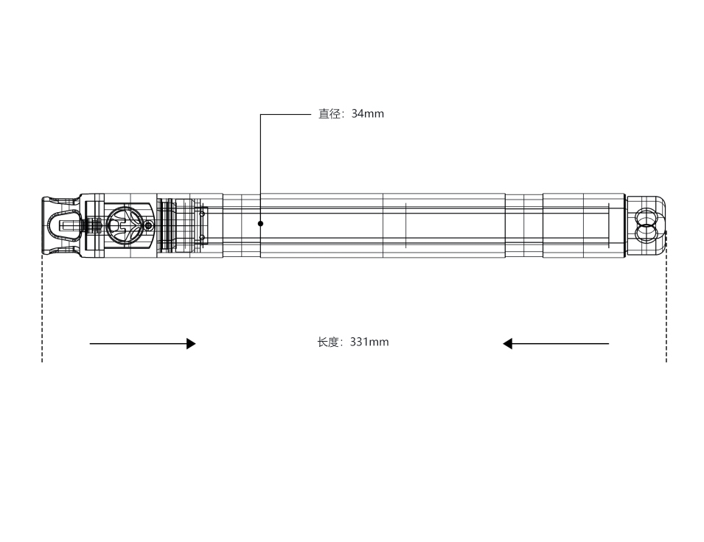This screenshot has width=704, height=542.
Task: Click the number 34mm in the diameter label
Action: tap(368, 114)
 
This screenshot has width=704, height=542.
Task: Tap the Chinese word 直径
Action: tap(330, 114)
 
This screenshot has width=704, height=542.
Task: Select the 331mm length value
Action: tap(369, 342)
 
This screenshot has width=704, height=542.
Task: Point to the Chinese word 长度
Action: tap(328, 342)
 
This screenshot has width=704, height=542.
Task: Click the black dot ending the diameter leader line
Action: tap(260, 223)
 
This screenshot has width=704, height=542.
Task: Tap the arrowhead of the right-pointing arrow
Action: tap(191, 344)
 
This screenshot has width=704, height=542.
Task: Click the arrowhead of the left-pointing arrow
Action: tap(507, 344)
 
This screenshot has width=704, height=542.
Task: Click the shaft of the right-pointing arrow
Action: tap(139, 344)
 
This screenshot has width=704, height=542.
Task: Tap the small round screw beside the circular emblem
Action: tap(149, 225)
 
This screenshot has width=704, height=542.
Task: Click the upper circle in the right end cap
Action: tap(647, 217)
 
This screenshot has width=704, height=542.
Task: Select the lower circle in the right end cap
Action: tap(647, 233)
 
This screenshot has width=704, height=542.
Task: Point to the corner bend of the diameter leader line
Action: tap(260, 114)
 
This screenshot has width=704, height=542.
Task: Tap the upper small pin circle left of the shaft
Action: tap(202, 214)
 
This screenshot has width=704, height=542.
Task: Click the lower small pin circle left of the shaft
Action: tap(202, 237)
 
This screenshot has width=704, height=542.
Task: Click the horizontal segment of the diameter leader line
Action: tap(285, 114)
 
